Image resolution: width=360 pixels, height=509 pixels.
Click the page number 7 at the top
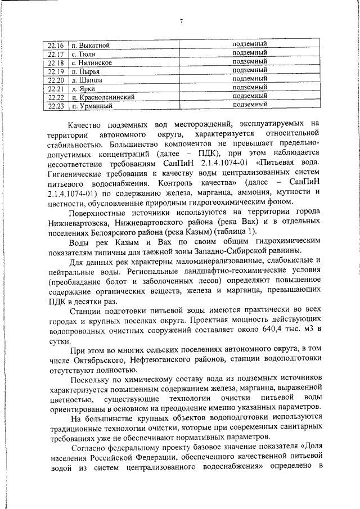coord(182,21)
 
